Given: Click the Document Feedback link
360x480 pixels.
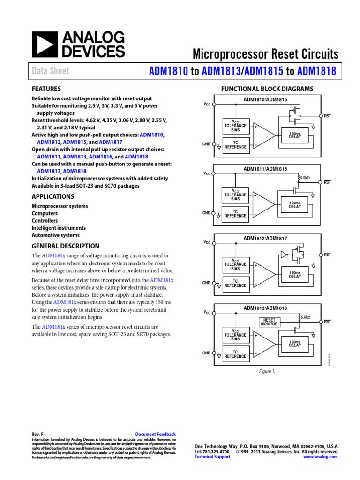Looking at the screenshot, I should click(155, 435).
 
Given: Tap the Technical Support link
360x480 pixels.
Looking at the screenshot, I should click(212, 457).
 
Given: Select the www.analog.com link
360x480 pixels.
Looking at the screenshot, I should click(321, 457).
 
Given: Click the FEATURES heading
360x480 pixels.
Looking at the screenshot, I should click(46, 89).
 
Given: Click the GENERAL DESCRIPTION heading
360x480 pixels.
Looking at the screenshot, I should click(65, 246).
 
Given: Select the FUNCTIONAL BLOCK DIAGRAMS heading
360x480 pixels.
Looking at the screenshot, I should click(267, 89).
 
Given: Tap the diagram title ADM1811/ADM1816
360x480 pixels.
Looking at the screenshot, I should click(265, 169).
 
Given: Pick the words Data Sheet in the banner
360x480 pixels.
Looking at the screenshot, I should click(50, 71).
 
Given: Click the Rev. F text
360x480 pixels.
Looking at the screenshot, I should click(37, 435).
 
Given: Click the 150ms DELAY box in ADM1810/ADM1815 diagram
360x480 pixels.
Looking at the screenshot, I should click(295, 135).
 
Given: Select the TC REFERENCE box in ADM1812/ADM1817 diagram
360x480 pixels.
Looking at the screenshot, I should click(235, 284).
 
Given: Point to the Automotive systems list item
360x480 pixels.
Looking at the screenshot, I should click(55, 235).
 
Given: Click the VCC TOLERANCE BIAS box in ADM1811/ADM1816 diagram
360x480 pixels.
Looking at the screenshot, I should click(235, 195).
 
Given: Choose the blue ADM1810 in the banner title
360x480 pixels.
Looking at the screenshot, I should click(168, 71).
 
